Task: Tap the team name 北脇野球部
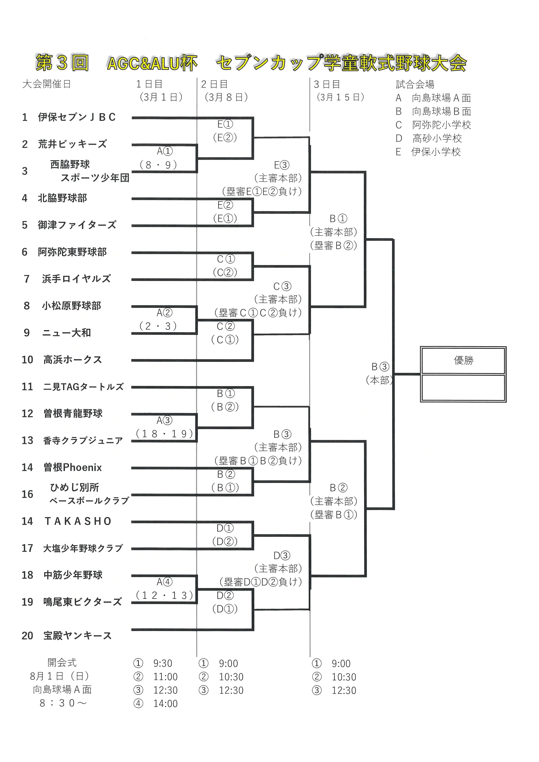(62, 198)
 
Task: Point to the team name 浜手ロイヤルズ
(76, 279)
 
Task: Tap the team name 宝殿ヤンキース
(77, 635)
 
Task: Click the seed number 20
(27, 635)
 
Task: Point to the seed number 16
(27, 494)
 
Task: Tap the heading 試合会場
(415, 84)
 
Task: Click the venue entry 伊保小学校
(436, 152)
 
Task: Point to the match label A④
(164, 582)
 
